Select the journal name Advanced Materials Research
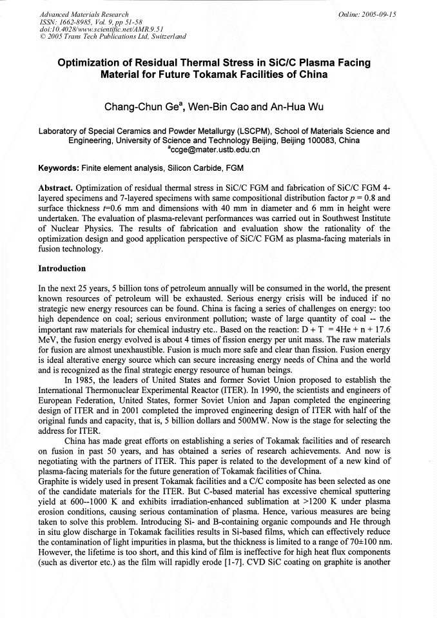[x=83, y=14]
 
